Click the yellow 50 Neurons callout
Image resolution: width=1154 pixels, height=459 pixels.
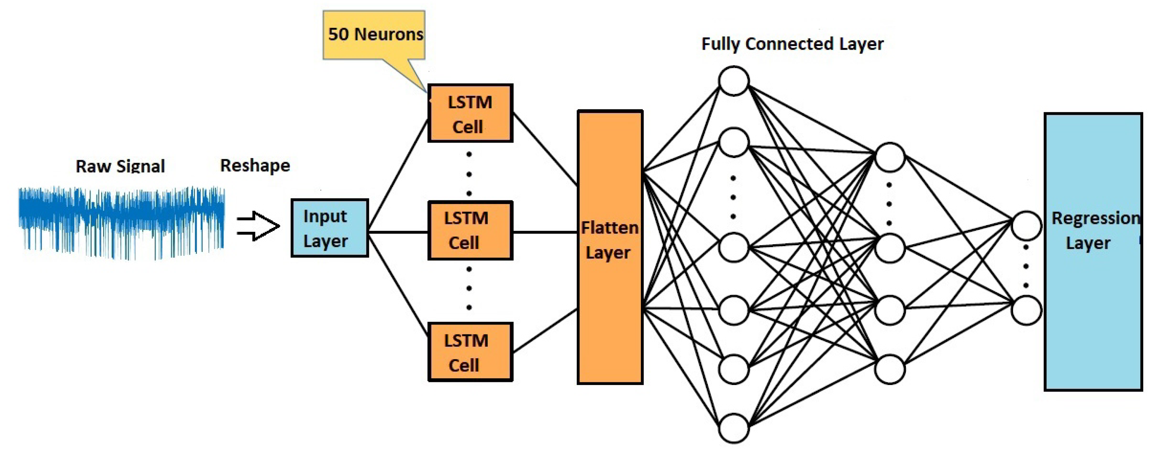[374, 35]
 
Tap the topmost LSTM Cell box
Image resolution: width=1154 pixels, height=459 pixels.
[470, 113]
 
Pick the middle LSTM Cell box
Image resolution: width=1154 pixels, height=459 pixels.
[470, 230]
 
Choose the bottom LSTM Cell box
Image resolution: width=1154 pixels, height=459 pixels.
[470, 352]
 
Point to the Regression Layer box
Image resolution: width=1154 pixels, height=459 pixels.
[1093, 252]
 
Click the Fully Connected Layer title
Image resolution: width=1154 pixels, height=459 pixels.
[792, 44]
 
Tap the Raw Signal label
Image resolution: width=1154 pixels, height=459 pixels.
[120, 166]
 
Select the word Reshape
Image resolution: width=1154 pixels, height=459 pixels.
[255, 165]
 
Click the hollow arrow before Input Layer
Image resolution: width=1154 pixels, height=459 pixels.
[258, 226]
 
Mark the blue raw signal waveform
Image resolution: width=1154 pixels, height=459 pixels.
[121, 222]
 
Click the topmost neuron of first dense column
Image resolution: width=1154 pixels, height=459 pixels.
[733, 81]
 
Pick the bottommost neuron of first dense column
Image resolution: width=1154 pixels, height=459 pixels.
[733, 428]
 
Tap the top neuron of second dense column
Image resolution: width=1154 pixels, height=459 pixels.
[890, 157]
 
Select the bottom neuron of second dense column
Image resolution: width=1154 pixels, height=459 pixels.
[890, 369]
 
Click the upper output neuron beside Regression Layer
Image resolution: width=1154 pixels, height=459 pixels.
[1026, 225]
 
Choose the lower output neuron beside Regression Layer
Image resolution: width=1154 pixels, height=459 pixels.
[1026, 310]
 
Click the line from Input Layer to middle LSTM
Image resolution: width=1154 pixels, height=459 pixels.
[398, 232]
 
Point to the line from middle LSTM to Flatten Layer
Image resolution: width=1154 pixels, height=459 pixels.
[545, 232]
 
